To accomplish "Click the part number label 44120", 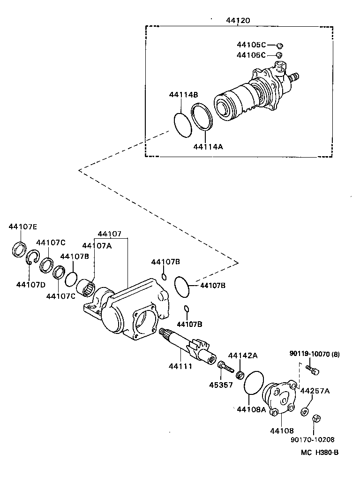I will coord(238,21).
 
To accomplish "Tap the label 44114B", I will coord(183,95).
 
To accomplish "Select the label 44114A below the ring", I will coord(208,146).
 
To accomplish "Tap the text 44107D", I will coord(30,285).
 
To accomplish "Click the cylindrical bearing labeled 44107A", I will coord(88,287).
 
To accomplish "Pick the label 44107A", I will coord(97,246).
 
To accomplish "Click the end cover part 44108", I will coord(280,399).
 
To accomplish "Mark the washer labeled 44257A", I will coord(305,411).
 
